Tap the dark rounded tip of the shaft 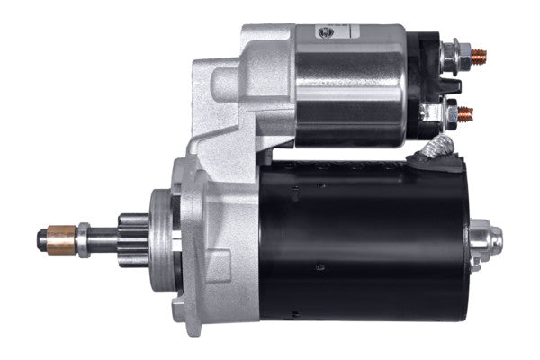coord(42,238)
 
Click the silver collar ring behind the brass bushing coord(83,238)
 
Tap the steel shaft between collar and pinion coord(103,238)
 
